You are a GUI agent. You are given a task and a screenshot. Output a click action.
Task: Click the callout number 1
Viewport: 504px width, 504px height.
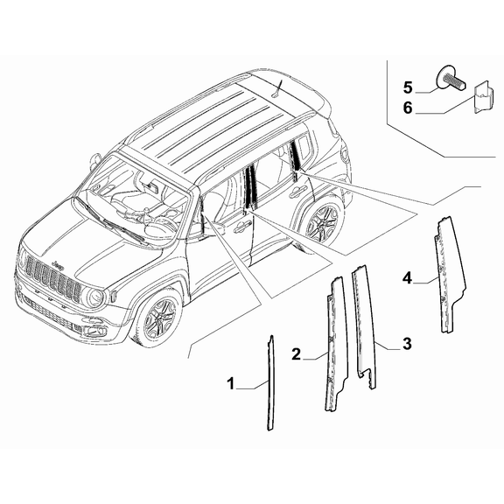(x=231, y=383)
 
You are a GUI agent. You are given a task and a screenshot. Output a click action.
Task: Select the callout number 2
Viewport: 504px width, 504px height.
(x=297, y=353)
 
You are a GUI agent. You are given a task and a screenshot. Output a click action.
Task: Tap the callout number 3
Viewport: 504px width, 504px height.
(x=407, y=346)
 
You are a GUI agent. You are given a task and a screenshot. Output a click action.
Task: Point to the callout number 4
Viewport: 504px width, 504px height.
(x=407, y=278)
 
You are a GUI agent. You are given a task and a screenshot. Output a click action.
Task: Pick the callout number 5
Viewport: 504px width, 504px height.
(x=408, y=87)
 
